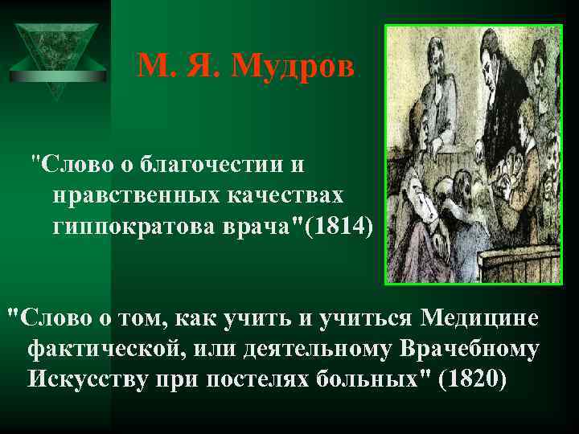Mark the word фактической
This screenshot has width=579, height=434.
click(105, 347)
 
